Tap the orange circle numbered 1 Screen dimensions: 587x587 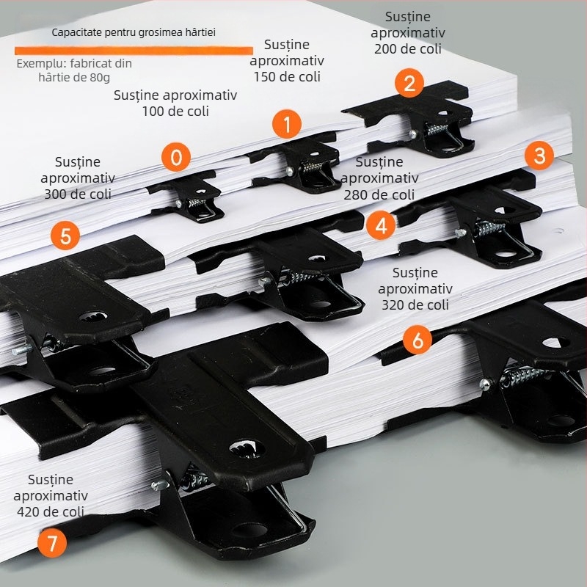click(287, 125)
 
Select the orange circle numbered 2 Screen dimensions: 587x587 click(409, 82)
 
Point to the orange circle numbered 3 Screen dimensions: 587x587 click(539, 156)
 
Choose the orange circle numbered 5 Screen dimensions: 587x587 click(66, 236)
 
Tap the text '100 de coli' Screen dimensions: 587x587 click(175, 112)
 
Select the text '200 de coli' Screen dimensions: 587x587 click(407, 49)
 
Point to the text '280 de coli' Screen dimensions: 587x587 click(379, 194)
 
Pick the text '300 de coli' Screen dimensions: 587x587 click(78, 194)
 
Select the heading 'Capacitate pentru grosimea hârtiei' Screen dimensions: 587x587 click(134, 32)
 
